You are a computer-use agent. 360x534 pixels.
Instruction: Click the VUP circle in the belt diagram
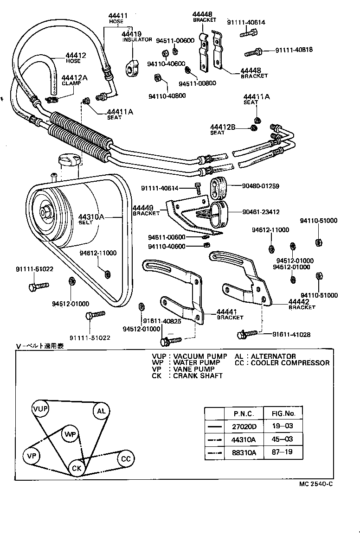point(40,408)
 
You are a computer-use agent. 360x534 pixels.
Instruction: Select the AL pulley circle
point(101,411)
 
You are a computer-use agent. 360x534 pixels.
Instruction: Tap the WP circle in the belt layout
point(70,434)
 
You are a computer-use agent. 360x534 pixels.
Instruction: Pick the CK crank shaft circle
point(77,468)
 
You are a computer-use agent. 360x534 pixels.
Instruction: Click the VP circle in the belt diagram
point(32,456)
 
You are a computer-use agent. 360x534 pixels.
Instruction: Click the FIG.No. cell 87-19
point(283,451)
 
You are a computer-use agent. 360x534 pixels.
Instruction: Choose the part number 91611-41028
point(291,334)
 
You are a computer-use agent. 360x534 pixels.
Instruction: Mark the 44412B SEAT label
point(223,129)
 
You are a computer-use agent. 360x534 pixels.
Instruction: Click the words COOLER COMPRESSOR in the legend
point(290,363)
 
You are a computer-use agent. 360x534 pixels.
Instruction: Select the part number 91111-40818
point(294,50)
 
